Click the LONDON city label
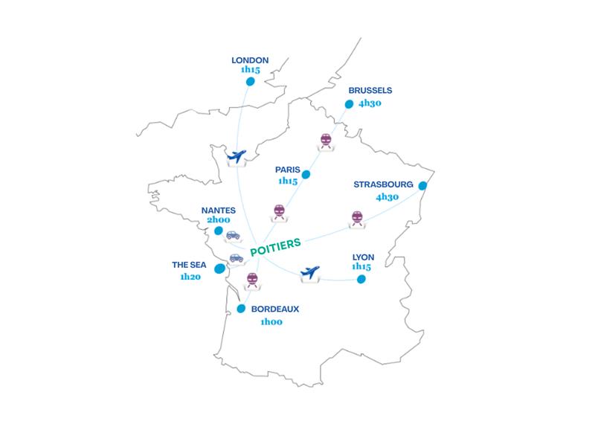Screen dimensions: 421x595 click(x=250, y=60)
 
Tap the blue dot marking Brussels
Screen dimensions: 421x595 click(x=349, y=104)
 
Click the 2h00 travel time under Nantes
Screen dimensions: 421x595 click(x=219, y=221)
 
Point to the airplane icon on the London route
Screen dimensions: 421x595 click(x=236, y=157)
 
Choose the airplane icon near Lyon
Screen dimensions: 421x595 click(x=310, y=273)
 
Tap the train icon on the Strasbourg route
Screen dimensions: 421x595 click(x=357, y=218)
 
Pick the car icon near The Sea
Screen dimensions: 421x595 click(x=236, y=258)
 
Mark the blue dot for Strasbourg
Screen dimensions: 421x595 click(x=422, y=185)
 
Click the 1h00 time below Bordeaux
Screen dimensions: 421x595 click(x=272, y=322)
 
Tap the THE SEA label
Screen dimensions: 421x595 click(x=189, y=264)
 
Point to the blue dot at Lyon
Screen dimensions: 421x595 click(x=361, y=280)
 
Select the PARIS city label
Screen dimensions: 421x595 click(x=287, y=170)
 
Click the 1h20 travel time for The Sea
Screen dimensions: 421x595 click(x=191, y=276)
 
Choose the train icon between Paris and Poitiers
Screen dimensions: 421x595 click(x=279, y=211)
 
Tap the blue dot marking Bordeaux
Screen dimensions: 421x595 click(x=241, y=308)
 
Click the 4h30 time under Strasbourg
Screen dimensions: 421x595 click(x=387, y=197)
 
